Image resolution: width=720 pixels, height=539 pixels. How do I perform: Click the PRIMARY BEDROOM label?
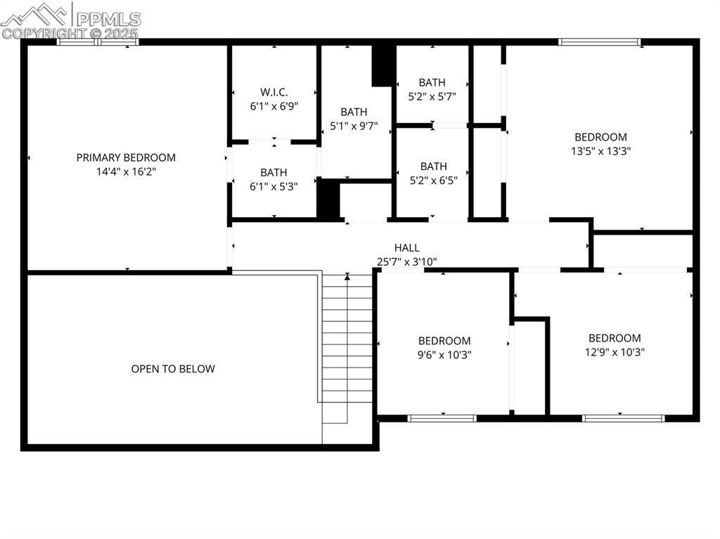(x=126, y=157)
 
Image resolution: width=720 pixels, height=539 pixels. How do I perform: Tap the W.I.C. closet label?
(x=274, y=92)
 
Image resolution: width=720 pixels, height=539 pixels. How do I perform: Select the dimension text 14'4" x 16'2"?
(x=126, y=171)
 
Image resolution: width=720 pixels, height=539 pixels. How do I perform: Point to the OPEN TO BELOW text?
(x=173, y=369)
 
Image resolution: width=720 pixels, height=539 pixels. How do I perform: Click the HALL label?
(x=407, y=248)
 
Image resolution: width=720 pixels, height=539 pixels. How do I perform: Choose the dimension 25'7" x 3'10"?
(x=407, y=261)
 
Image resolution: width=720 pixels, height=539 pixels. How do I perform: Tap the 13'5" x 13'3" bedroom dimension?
(x=600, y=151)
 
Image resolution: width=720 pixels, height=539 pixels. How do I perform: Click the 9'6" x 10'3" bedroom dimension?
(x=444, y=355)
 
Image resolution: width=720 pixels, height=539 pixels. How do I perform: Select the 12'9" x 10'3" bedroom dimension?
(x=615, y=352)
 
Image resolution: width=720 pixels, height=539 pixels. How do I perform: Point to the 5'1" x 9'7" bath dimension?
(x=354, y=126)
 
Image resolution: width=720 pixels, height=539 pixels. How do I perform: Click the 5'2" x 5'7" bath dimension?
(x=432, y=96)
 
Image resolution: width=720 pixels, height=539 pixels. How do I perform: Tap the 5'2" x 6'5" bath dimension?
(x=433, y=181)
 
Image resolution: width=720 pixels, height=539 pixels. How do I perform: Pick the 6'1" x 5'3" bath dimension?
(x=274, y=186)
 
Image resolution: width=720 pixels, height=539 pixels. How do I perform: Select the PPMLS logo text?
(x=108, y=19)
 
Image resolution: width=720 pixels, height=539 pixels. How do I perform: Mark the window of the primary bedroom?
(x=97, y=42)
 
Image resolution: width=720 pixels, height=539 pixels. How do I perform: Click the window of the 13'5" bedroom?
(x=599, y=42)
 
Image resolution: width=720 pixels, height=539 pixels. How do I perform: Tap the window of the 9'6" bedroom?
(x=442, y=418)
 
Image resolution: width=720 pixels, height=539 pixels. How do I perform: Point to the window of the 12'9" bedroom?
(x=623, y=418)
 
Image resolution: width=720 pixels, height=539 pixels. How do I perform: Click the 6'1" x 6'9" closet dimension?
(x=274, y=106)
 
